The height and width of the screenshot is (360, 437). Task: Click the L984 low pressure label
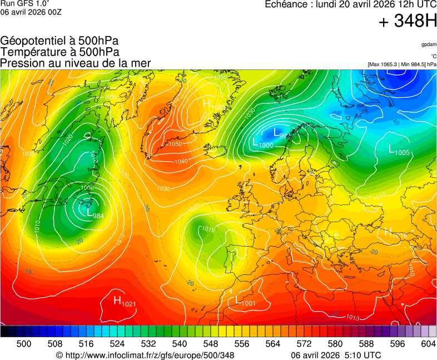click(95, 212)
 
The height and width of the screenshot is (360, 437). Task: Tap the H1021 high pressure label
click(125, 301)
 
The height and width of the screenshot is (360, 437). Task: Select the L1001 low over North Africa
click(245, 301)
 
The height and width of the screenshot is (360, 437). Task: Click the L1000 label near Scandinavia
click(262, 143)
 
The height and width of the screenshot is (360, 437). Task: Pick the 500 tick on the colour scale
click(24, 344)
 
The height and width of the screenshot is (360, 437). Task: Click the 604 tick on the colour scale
click(428, 344)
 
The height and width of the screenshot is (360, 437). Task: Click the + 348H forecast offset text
click(408, 22)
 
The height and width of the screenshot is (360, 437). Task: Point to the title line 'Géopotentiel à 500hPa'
click(59, 41)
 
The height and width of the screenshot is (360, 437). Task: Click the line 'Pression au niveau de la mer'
click(76, 63)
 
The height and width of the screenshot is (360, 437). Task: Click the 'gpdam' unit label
click(429, 44)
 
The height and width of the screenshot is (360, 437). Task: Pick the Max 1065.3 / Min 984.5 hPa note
click(402, 64)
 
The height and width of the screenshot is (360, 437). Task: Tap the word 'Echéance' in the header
click(287, 4)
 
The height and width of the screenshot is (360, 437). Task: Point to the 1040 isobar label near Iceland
click(181, 162)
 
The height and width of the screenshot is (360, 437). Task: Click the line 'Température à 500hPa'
click(59, 52)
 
